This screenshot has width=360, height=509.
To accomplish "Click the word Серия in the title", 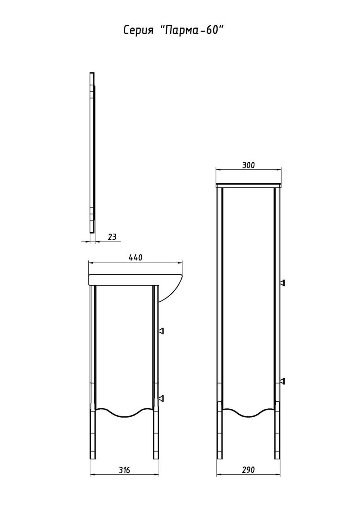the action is coord(138,30).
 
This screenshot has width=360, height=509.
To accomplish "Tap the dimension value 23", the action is coord(112,237).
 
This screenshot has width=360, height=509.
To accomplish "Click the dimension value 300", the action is coord(248,165).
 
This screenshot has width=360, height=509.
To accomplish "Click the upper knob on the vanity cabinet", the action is coord(162,331).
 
